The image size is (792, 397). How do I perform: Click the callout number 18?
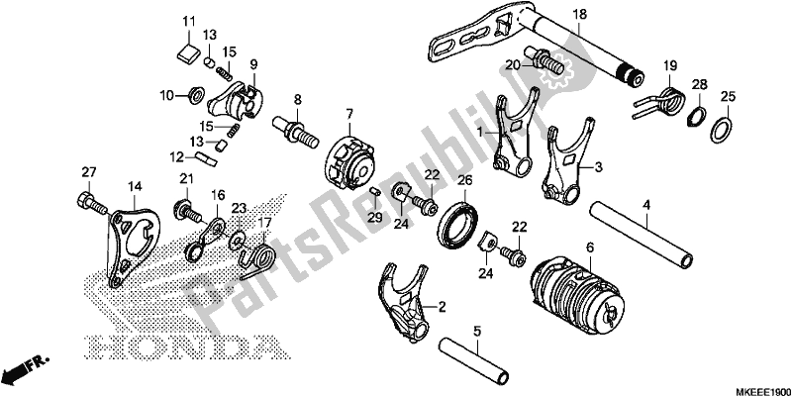(x=579, y=14)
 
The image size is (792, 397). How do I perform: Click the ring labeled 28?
(x=698, y=115)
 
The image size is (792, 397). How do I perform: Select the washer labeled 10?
(x=196, y=96)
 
